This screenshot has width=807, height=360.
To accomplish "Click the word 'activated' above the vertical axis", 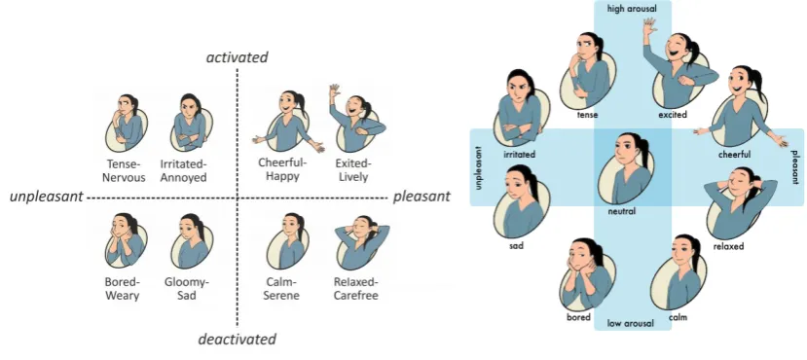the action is [238, 57].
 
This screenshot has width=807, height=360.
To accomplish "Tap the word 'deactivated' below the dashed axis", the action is [238, 340].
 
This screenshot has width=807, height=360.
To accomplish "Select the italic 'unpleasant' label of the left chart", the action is [47, 197].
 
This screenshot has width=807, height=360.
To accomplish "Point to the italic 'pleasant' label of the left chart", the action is [422, 197].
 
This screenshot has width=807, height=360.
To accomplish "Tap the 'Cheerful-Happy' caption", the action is [282, 169].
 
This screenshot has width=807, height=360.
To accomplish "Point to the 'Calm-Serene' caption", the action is [282, 289].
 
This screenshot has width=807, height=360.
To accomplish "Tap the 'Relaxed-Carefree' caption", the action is [355, 289].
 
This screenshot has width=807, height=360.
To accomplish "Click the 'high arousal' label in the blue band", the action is [632, 8].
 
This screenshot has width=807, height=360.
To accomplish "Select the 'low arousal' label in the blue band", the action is [631, 323].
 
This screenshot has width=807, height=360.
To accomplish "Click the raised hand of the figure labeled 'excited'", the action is [649, 26].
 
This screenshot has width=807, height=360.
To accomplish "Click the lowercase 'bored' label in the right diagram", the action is [578, 317].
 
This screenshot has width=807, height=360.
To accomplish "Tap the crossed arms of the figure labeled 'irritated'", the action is [518, 132].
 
